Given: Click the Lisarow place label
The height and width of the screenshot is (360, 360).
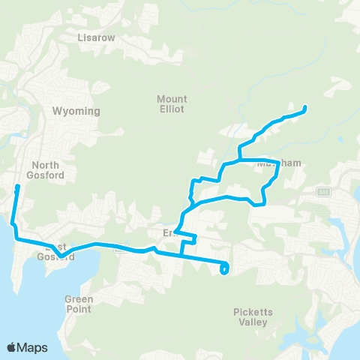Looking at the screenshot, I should [x=94, y=36].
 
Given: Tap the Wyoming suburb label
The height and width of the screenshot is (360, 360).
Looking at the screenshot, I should [x=76, y=111].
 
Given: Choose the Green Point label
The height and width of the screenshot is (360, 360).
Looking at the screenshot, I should [x=79, y=304].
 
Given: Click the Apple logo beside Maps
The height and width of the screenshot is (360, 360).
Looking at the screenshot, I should [x=11, y=347].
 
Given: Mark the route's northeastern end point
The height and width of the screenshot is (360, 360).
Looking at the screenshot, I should [x=305, y=110].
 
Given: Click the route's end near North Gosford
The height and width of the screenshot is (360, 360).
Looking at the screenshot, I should [x=17, y=186].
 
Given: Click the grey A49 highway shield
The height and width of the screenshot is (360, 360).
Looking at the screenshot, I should [x=324, y=192].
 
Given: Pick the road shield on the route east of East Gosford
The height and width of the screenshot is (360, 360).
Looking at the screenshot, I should [x=122, y=249].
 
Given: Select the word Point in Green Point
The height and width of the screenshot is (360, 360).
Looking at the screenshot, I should [x=79, y=309].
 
